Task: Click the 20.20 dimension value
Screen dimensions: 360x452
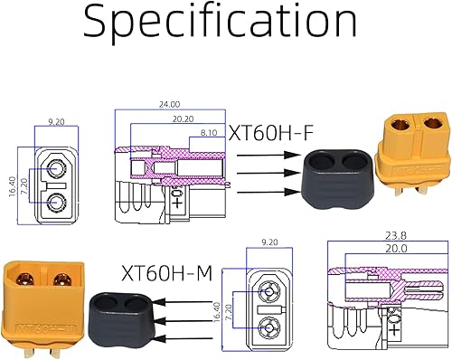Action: coord(183,118)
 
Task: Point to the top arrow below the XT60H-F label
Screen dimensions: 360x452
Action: coord(272,155)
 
